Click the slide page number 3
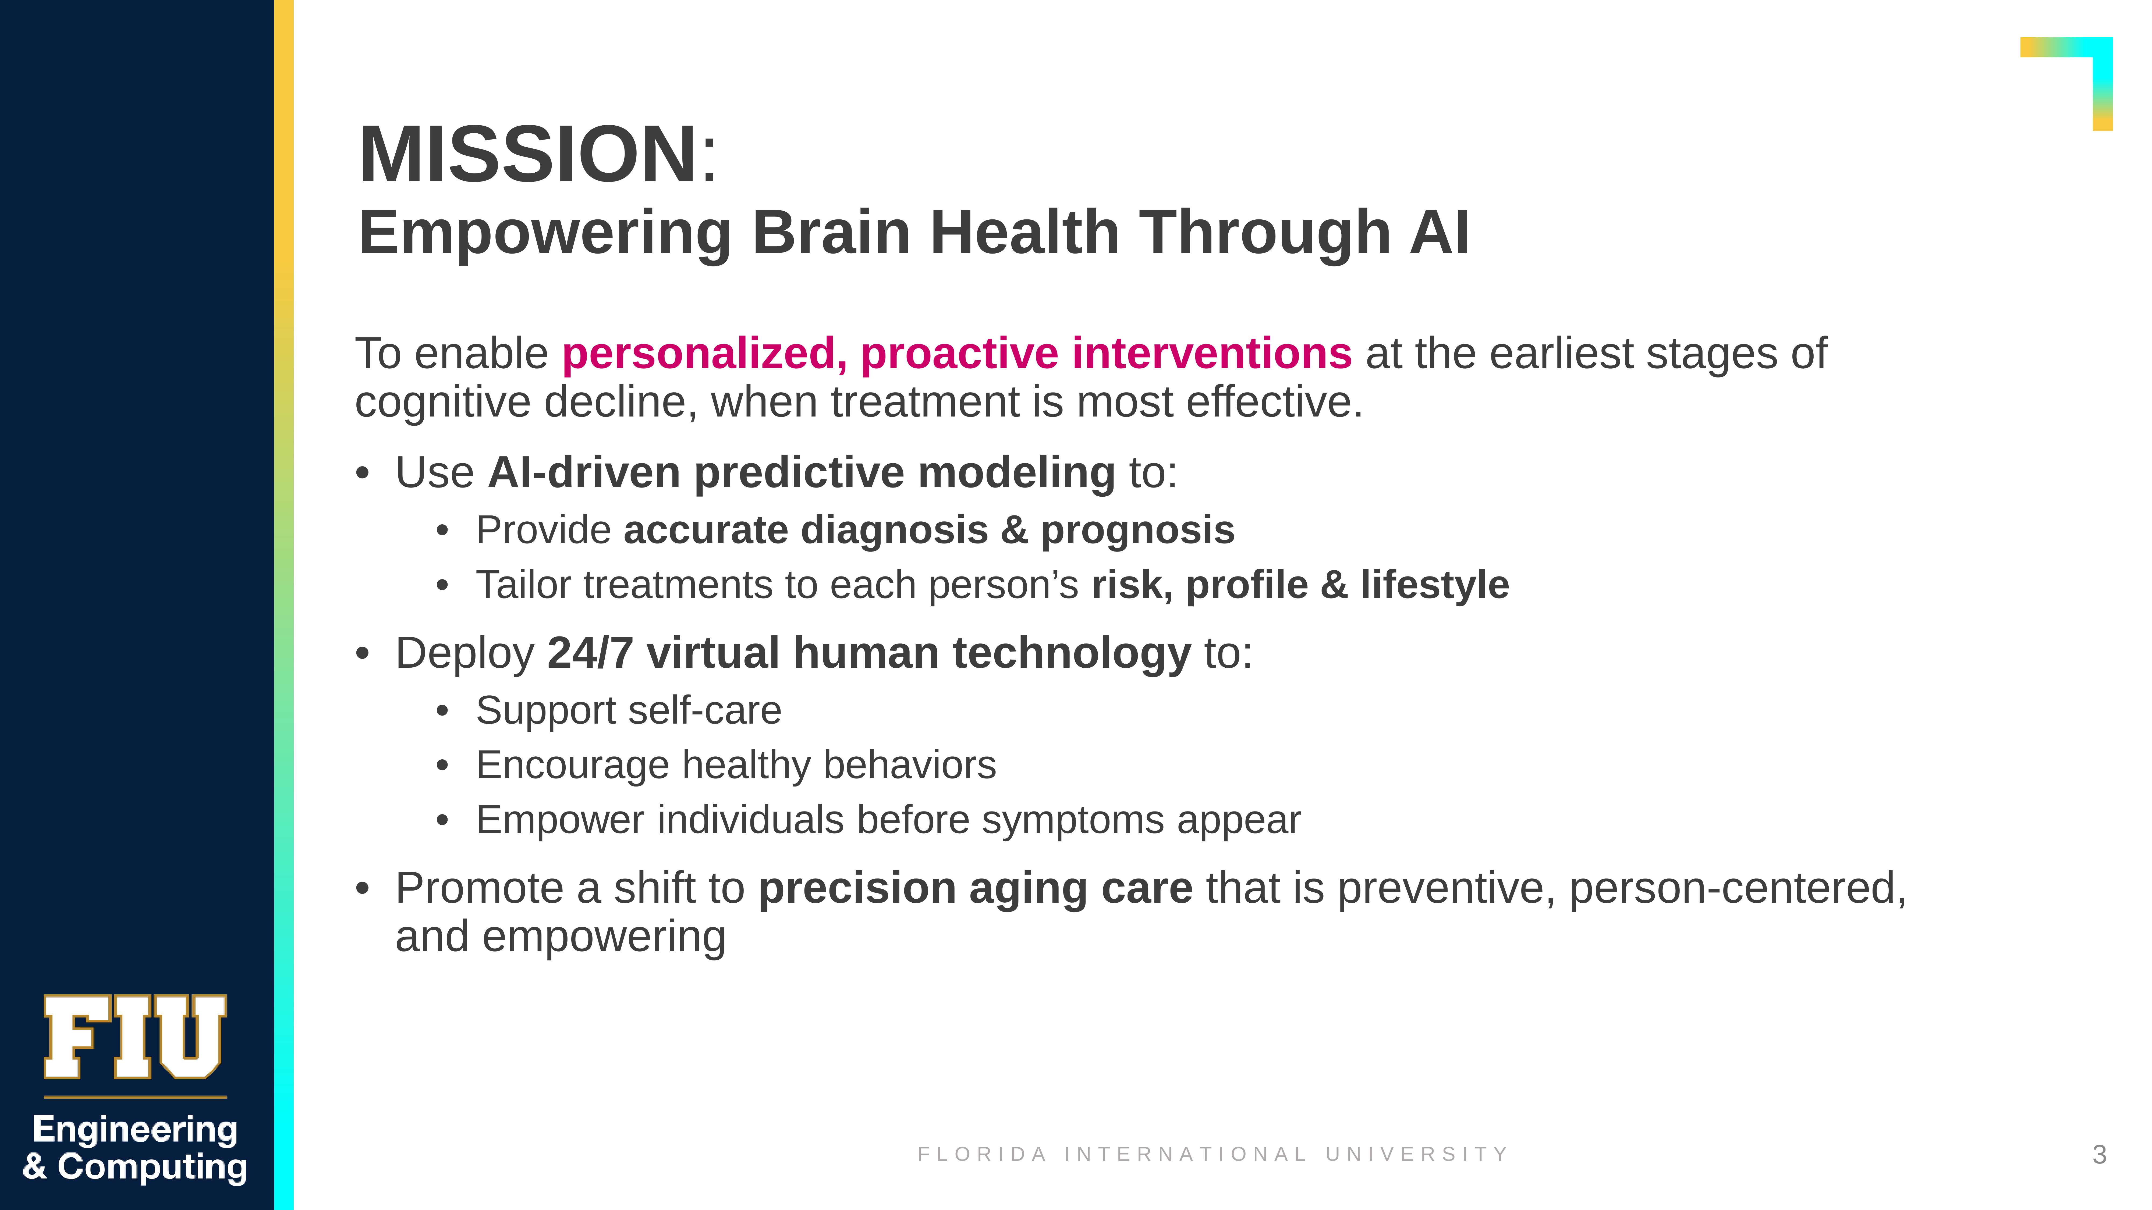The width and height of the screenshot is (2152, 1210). click(x=2099, y=1155)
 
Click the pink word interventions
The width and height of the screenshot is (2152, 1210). click(x=1211, y=353)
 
